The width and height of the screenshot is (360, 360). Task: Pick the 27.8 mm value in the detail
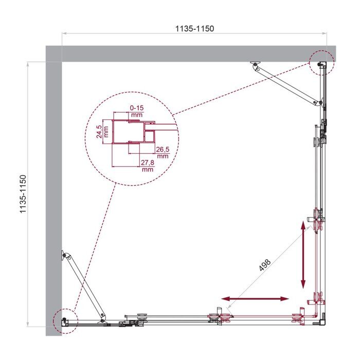(x=148, y=166)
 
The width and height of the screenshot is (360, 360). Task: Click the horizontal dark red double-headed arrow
(x=255, y=298)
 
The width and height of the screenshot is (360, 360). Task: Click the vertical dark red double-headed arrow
(x=303, y=254)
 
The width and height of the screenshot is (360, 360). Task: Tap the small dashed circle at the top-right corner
(x=322, y=63)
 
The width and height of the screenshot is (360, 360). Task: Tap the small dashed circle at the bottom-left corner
(x=64, y=321)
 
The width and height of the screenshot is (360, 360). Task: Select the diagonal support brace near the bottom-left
(x=84, y=286)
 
